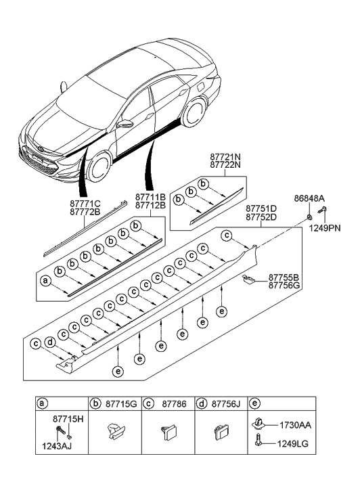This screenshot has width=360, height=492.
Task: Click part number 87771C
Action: coord(85,202)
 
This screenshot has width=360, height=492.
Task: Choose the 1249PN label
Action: coord(325,229)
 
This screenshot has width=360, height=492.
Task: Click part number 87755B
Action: coord(284,277)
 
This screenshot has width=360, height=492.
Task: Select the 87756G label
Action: coord(284,286)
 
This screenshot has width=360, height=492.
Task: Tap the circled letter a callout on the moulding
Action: coord(46,279)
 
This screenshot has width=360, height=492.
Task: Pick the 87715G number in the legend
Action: coord(122,404)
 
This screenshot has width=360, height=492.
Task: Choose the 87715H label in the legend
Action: coord(68,420)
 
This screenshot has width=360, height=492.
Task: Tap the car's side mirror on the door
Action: coord(125,124)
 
